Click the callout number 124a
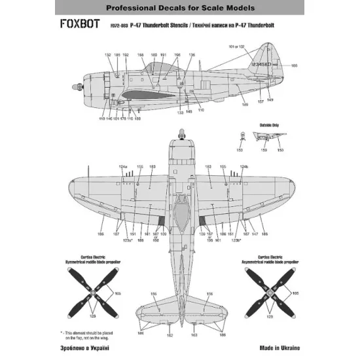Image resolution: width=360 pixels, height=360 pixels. pyautogui.click(x=122, y=168)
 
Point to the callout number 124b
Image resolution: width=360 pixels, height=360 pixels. pyautogui.click(x=244, y=168)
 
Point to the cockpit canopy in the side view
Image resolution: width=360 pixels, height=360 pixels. pyautogui.click(x=157, y=65)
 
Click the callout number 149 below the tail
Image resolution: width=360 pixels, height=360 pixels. pyautogui.click(x=269, y=100)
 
